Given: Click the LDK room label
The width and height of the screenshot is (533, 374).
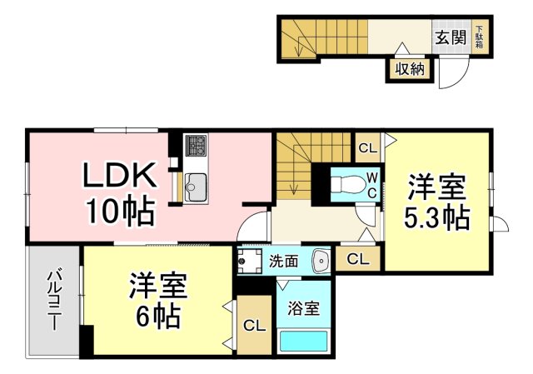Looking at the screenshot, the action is [x=120, y=174].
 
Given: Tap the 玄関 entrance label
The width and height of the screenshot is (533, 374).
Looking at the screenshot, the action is [x=451, y=37].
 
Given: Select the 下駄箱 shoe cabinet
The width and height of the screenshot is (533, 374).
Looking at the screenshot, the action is [x=480, y=37].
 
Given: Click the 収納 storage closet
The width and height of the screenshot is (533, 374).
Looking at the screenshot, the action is [x=410, y=70].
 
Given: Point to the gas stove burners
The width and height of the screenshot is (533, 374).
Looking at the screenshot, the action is [x=196, y=145].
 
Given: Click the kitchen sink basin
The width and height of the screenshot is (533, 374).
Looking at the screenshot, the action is [x=196, y=187].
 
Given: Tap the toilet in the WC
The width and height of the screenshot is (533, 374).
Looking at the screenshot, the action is [x=346, y=184].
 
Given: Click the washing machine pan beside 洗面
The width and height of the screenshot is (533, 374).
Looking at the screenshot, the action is [x=250, y=261].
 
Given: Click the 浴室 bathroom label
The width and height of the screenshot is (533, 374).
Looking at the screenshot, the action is [x=303, y=308].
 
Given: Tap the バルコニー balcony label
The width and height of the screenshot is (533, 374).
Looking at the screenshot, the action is [x=54, y=300].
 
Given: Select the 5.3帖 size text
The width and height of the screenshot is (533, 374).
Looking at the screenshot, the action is [x=436, y=217].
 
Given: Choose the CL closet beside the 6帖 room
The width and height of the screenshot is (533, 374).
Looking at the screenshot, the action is [x=254, y=326].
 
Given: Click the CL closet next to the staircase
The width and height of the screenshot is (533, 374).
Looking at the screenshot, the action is [x=368, y=148].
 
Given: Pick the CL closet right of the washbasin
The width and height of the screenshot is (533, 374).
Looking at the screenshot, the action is [x=357, y=259].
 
